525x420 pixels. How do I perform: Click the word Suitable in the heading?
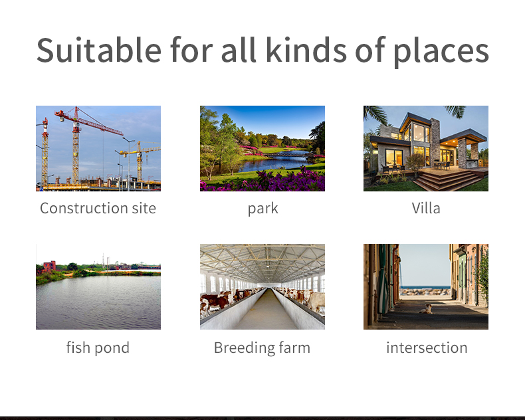[x=99, y=50]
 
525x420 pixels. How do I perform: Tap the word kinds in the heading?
[x=306, y=50]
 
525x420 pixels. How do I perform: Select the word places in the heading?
[x=441, y=52]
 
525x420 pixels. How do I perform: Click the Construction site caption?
[x=98, y=208]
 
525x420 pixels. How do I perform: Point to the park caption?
[x=263, y=209]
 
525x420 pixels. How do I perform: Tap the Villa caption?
[x=426, y=208]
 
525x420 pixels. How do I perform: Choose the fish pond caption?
[x=98, y=348]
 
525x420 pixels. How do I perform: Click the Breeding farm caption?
[x=262, y=348]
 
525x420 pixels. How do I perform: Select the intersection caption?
[x=427, y=348]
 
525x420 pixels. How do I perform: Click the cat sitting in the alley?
[x=426, y=309]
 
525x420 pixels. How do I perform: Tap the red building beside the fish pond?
[x=49, y=266]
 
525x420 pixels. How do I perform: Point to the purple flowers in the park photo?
[x=264, y=181]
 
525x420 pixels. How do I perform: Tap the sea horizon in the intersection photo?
[x=425, y=286]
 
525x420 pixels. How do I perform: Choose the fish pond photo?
[x=98, y=286]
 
